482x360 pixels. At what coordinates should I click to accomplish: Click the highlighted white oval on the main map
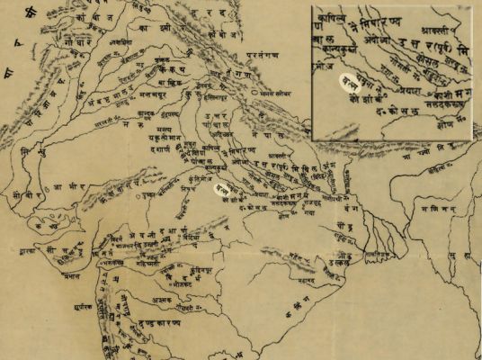point(218,190)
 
